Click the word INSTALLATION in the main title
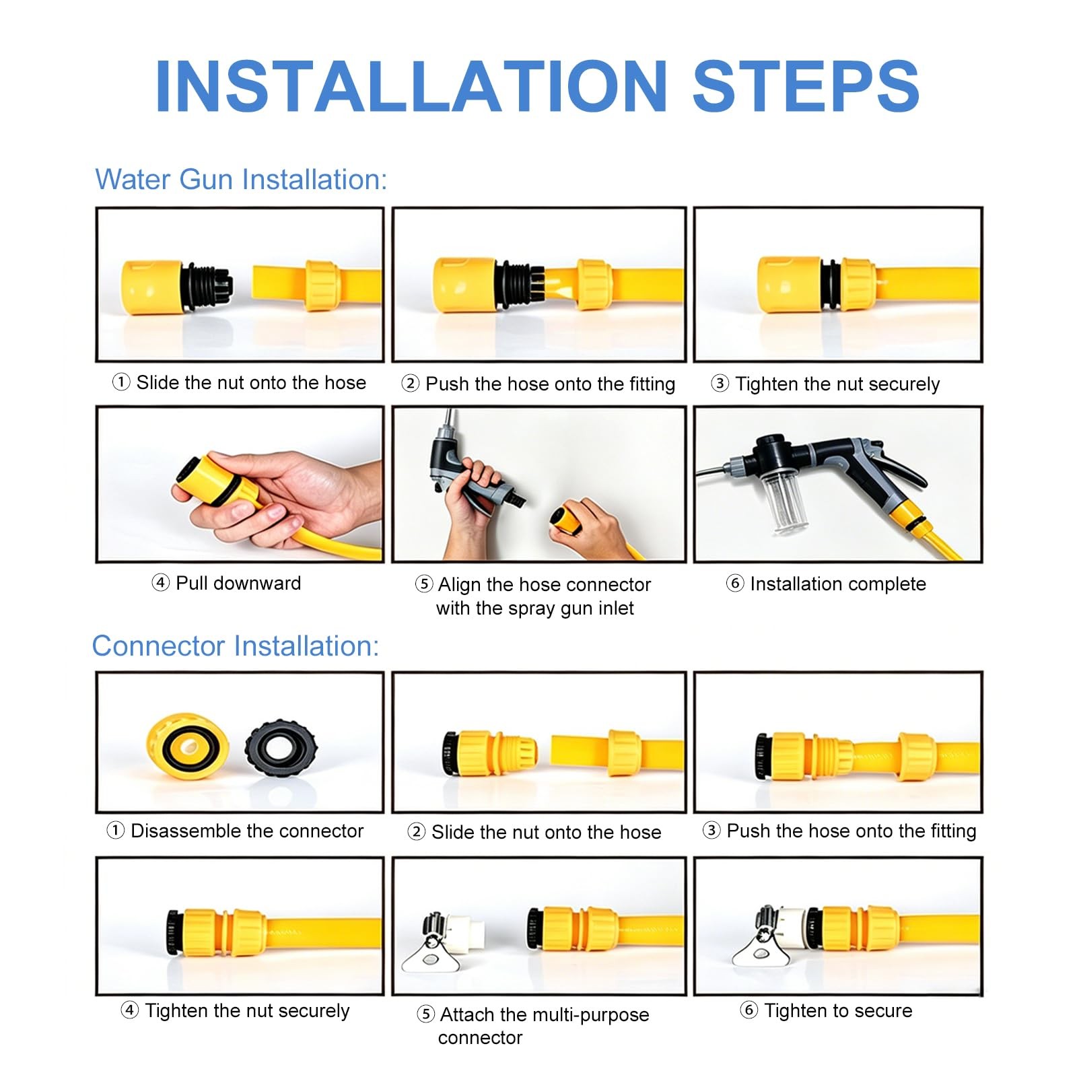[x=411, y=86]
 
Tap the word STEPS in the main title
[x=806, y=86]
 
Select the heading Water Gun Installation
[x=241, y=180]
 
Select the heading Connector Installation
[x=236, y=646]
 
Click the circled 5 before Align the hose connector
[x=424, y=584]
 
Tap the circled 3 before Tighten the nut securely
[x=720, y=384]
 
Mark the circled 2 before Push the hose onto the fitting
[x=410, y=384]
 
